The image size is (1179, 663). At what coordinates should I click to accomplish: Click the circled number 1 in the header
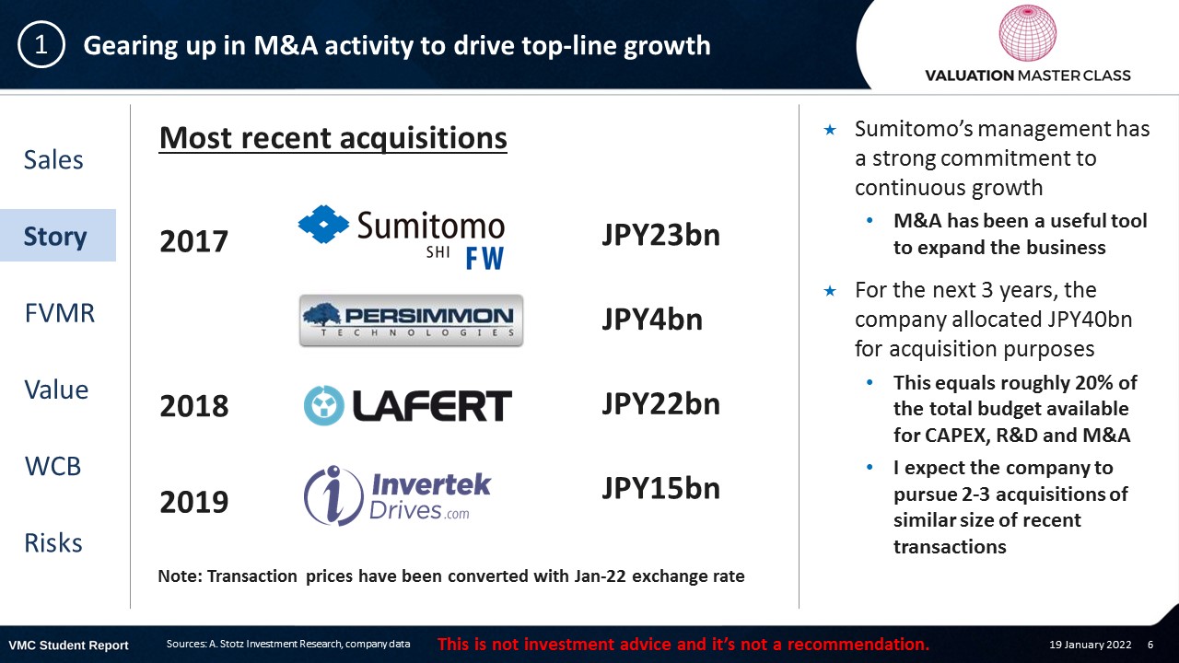[41, 45]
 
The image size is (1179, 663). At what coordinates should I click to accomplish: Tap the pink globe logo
[1027, 32]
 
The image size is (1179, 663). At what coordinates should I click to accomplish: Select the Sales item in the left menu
[53, 159]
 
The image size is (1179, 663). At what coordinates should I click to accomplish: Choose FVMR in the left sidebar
[60, 313]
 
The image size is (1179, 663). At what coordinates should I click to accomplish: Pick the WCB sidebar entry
[53, 466]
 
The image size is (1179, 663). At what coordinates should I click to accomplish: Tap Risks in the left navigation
[53, 543]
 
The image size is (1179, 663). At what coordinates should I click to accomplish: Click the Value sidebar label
[56, 390]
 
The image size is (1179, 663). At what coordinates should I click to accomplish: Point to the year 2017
[193, 241]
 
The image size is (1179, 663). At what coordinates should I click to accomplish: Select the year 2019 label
[193, 502]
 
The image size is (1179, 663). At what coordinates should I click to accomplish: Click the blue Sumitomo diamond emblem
[323, 224]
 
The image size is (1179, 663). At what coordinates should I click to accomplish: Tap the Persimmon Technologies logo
[411, 320]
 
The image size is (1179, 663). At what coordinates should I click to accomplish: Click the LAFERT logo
[408, 406]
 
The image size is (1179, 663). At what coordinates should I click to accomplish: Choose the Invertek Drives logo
[397, 495]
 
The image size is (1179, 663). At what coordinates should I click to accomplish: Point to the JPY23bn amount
[660, 235]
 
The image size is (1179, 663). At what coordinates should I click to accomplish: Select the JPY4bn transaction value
[652, 320]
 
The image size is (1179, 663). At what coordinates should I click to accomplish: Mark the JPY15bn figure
[660, 488]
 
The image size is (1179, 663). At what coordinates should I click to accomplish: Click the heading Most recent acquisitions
[333, 138]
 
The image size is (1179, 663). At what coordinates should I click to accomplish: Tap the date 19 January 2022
[1090, 645]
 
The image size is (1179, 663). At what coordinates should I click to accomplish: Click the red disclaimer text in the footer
[683, 644]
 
